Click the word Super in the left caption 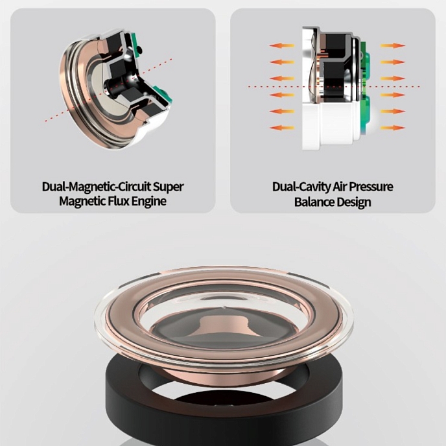pyautogui.click(x=169, y=187)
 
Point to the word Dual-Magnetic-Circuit pyautogui.click(x=97, y=187)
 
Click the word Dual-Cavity pyautogui.click(x=301, y=187)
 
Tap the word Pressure pyautogui.click(x=371, y=187)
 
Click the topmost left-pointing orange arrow pyautogui.click(x=282, y=45)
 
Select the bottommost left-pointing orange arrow pyautogui.click(x=282, y=128)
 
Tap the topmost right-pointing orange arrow pyautogui.click(x=393, y=45)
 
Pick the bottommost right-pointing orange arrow pyautogui.click(x=393, y=128)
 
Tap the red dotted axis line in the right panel pyautogui.click(x=334, y=86)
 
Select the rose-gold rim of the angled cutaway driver pyautogui.click(x=71, y=94)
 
